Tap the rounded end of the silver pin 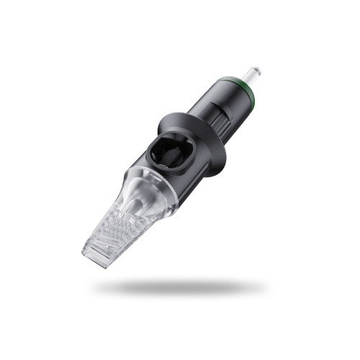257,70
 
